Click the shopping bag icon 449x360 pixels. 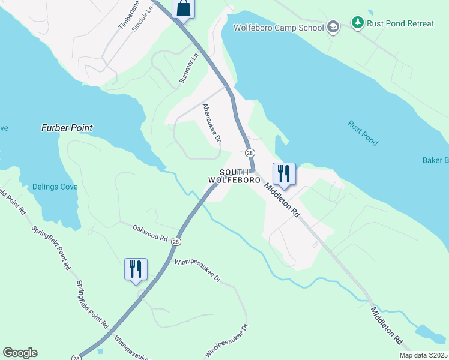[x=184, y=9]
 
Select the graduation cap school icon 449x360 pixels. [x=333, y=27]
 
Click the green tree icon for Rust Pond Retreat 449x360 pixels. [x=358, y=23]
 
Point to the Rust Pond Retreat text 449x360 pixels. [x=402, y=23]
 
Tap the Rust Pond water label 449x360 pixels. [x=363, y=133]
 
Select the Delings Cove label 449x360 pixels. [x=55, y=187]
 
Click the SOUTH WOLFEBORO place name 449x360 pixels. [x=235, y=176]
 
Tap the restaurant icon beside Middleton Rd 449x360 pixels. [x=282, y=173]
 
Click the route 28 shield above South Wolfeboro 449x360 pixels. [x=250, y=153]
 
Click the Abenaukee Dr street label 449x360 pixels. [x=212, y=122]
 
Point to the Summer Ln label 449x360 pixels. [x=188, y=68]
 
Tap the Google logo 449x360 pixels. [x=20, y=352]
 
